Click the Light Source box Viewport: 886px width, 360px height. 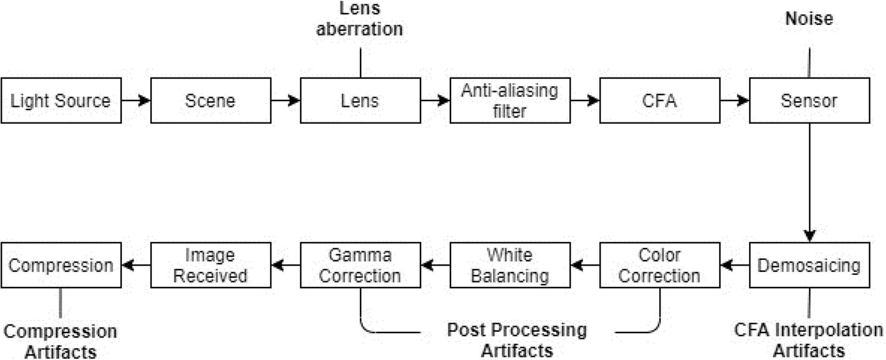tap(60, 100)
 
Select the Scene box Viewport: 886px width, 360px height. tap(211, 100)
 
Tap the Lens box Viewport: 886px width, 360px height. tap(360, 100)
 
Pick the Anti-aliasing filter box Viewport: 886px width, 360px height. tap(510, 100)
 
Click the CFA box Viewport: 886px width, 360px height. tap(660, 100)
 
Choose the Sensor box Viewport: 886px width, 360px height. tap(810, 100)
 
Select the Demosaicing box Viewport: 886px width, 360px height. tap(810, 265)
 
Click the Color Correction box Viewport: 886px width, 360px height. tap(660, 265)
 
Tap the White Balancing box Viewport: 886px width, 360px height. tap(510, 265)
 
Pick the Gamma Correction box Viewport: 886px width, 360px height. tap(360, 265)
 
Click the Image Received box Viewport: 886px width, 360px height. tap(211, 265)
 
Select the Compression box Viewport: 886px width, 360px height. tap(61, 265)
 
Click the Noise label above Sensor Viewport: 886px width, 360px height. tap(809, 19)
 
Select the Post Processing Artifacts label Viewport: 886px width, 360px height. tap(517, 339)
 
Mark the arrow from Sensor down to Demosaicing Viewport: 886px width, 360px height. tap(810, 181)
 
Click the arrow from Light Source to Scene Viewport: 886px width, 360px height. tap(135, 100)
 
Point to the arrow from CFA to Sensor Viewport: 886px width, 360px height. tap(735, 100)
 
